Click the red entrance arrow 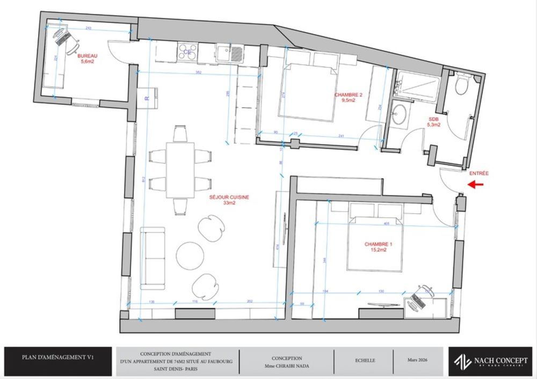(476, 185)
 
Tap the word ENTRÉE (479, 173)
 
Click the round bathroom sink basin (400, 114)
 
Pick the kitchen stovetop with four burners (187, 52)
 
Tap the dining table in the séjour (180, 169)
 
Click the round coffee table (190, 255)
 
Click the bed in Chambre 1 (374, 239)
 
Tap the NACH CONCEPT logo (490, 361)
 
